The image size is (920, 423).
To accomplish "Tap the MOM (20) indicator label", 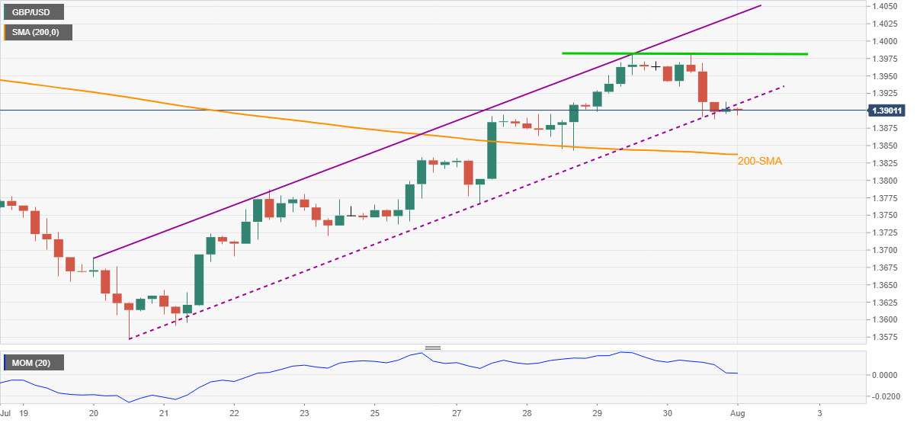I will pos(33,363).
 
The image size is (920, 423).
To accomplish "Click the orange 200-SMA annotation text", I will pos(760,161).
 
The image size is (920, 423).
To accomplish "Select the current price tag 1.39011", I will pos(893,111).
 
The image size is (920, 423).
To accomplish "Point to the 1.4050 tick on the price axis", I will pos(887,6).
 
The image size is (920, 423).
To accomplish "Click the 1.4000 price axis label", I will pos(887,41).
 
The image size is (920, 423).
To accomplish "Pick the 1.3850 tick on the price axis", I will pos(887,146).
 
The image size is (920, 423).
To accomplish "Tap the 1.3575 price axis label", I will pos(887,337).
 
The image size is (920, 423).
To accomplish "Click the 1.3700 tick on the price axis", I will pos(887,250).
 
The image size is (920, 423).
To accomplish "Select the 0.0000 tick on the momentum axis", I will pos(887,375).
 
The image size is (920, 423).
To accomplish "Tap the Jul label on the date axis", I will pos(6,412).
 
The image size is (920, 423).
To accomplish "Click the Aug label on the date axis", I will pos(738,412).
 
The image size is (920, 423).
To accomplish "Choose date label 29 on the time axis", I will pos(597,412).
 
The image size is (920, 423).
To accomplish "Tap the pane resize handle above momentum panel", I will pos(433,348).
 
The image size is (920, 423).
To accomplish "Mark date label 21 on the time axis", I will pos(163,412).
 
